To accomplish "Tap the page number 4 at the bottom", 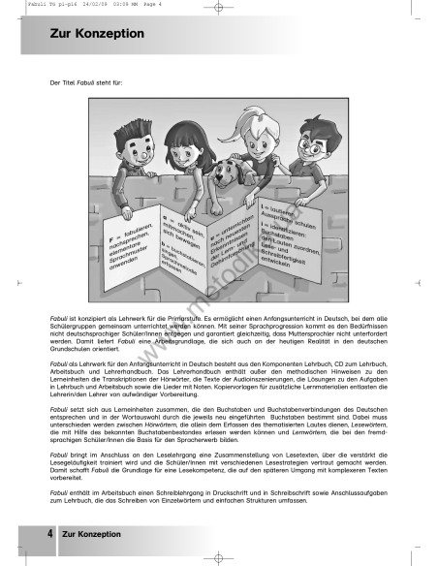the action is click(x=48, y=533).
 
